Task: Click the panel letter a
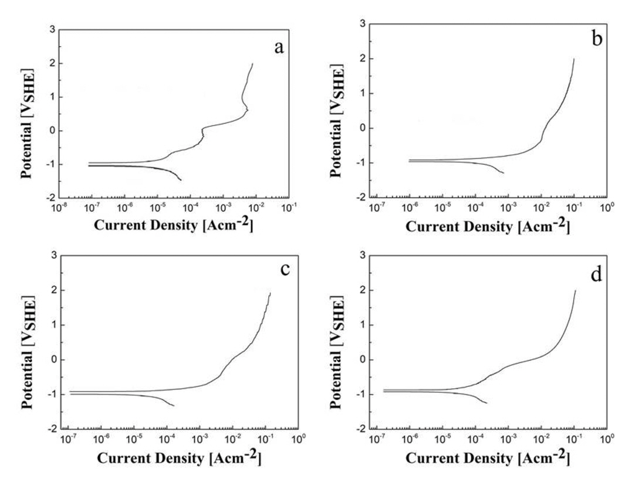(279, 47)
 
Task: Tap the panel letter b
(597, 40)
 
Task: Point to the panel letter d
(596, 274)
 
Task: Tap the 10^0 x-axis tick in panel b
(607, 207)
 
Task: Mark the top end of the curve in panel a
(252, 63)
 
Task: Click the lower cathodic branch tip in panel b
(503, 172)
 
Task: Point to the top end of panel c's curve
(270, 293)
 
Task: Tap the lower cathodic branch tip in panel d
(486, 403)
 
